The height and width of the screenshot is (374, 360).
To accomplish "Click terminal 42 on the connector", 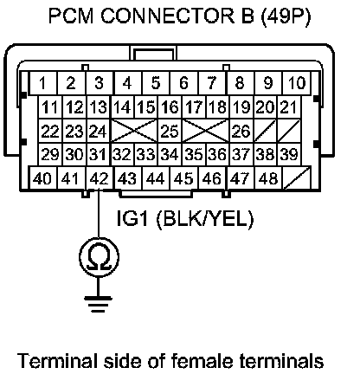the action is tap(100, 178).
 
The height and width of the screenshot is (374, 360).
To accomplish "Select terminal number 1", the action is tap(43, 83).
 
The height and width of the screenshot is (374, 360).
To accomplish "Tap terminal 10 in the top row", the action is tap(297, 83).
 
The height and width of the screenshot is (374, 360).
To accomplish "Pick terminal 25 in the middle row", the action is tap(170, 131).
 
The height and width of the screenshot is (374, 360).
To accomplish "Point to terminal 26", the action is tap(241, 131).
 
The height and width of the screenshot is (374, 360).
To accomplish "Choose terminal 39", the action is tap(289, 154).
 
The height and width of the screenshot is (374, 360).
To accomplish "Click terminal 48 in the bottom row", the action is tap(268, 178).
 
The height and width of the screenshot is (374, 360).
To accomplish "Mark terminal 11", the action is tap(50, 107).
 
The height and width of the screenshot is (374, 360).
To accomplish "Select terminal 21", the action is tap(289, 107).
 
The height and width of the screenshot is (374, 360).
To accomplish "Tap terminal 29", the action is tap(50, 154).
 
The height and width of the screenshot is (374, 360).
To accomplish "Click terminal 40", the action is tap(43, 178).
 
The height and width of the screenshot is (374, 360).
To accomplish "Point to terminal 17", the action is tap(194, 107).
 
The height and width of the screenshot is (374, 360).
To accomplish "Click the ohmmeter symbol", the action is tap(99, 256).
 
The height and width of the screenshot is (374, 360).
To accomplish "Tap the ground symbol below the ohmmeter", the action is tap(98, 304).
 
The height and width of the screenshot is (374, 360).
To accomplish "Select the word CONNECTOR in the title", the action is tap(168, 16).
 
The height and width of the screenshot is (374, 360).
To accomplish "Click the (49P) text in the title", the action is tap(286, 16).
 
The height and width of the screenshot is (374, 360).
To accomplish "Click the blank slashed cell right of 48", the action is tap(297, 178).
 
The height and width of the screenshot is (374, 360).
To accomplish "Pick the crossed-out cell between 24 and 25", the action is tap(134, 131).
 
